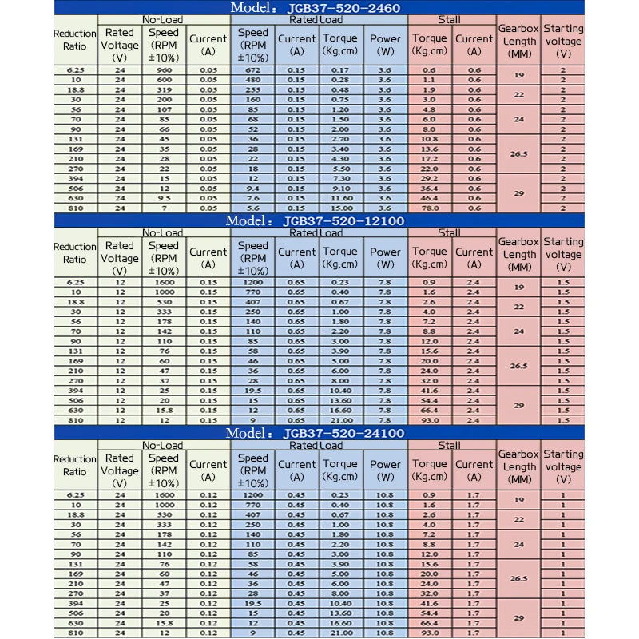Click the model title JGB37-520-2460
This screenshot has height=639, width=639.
point(315,8)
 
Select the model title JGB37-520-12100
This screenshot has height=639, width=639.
point(315,220)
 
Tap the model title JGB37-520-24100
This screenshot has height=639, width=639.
point(315,433)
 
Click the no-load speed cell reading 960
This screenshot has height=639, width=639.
point(164,70)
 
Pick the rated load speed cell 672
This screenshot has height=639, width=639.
point(253,70)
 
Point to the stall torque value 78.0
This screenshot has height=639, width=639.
point(429,208)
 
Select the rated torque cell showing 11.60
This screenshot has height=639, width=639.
point(340,197)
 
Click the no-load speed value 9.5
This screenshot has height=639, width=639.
point(164,197)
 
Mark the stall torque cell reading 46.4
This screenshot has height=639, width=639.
point(429,197)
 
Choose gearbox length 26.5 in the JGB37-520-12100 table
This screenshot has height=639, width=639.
point(519,366)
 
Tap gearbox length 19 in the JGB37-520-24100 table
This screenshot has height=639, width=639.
point(519,500)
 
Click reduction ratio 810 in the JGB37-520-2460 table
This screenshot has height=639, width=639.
point(75,208)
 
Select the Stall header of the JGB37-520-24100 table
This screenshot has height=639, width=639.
point(450,445)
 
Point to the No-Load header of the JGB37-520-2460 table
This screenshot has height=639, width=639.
point(164,19)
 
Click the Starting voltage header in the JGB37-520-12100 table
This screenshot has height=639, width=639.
point(563,254)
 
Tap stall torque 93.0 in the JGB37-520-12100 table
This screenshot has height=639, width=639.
point(429,420)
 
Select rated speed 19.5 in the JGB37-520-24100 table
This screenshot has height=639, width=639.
point(253,604)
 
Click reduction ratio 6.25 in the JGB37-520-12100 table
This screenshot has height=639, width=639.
point(75,283)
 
